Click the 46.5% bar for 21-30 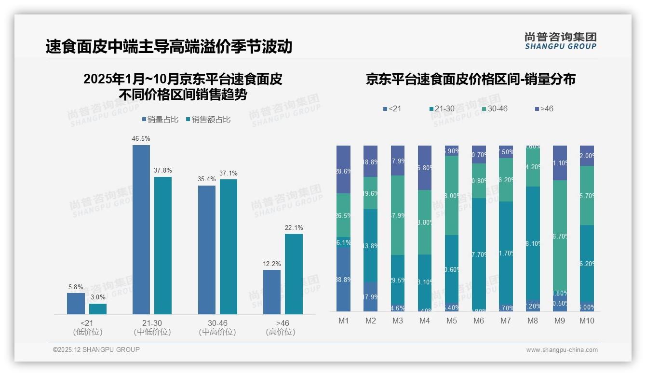[141, 229]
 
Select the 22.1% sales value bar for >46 [294, 274]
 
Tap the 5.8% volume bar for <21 [76, 303]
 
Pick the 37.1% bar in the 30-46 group [229, 247]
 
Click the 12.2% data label [272, 264]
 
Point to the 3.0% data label [98, 297]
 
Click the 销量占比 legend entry [161, 120]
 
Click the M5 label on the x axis [451, 321]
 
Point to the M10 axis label [587, 321]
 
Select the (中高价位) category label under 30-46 [217, 332]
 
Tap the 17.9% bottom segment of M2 [370, 296]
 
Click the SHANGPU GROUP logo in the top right [560, 41]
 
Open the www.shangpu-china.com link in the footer [562, 350]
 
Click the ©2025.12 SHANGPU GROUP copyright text [96, 349]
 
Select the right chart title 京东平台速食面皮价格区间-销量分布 [471, 80]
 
